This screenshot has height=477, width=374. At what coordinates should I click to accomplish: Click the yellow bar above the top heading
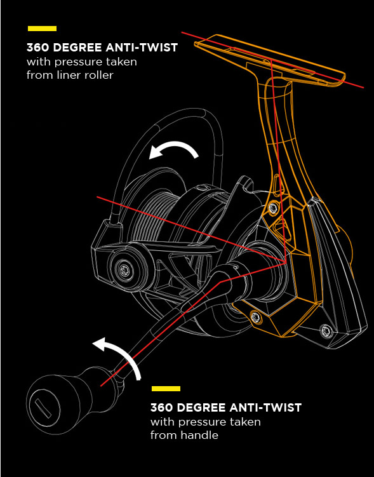42,29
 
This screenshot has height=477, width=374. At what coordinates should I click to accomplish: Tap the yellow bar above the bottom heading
166,389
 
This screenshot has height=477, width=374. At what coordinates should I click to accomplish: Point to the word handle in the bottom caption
199,435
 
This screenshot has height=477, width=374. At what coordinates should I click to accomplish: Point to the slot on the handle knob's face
43,408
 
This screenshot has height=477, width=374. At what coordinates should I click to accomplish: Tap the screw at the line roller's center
124,269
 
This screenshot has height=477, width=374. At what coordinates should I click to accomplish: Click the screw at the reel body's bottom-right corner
326,330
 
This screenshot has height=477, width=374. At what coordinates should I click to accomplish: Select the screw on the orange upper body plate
273,208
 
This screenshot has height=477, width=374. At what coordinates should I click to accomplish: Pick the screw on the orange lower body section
256,318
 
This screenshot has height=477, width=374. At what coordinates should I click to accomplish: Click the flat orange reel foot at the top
270,60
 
